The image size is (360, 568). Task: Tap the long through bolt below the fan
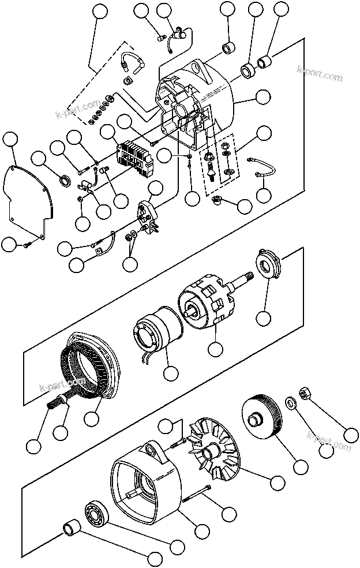(196, 494)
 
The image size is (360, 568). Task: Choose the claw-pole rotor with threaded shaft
(208, 300)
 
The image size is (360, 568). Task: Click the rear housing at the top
(196, 104)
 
